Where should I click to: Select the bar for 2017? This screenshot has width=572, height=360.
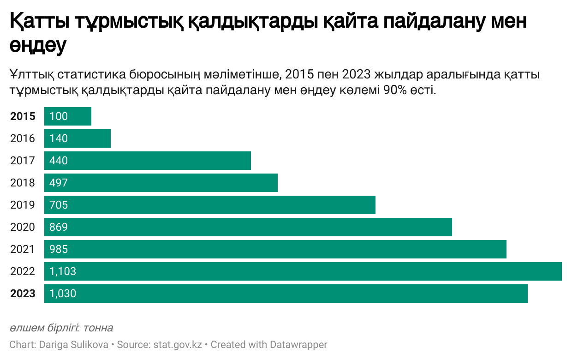tap(148, 161)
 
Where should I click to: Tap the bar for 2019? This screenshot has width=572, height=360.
tap(210, 205)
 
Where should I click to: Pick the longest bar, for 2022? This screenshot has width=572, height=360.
tap(303, 271)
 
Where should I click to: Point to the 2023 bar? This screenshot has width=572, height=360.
tap(286, 294)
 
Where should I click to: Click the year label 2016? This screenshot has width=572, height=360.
tap(23, 138)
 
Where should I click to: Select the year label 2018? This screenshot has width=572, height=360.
tap(23, 183)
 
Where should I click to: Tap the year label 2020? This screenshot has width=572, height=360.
tap(23, 227)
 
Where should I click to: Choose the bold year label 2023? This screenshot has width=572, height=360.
tap(23, 294)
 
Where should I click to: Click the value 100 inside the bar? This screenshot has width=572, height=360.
tap(59, 116)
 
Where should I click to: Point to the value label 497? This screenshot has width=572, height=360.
tap(59, 183)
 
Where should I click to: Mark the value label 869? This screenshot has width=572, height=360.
tap(59, 227)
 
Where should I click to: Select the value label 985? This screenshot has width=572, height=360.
tap(59, 249)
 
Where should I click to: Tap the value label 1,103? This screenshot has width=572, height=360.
tap(63, 271)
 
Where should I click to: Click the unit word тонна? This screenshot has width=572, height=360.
tap(98, 328)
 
